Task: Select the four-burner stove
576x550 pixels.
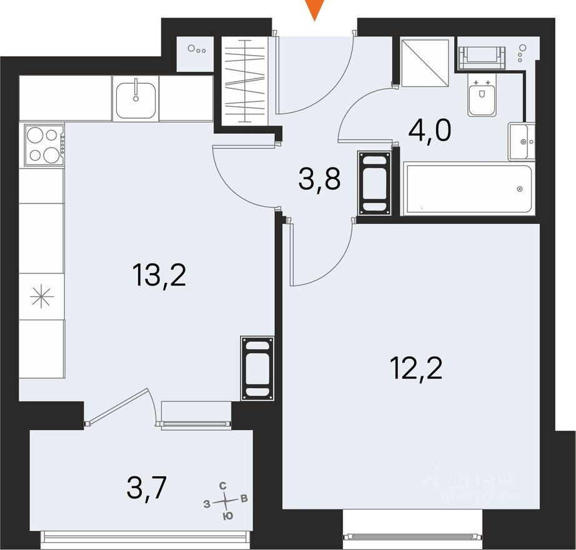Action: (x=44, y=145)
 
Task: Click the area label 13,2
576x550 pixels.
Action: (x=159, y=274)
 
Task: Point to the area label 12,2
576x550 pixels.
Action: (x=416, y=368)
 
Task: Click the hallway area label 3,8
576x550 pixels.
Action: (x=319, y=181)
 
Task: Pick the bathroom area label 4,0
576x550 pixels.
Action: (x=430, y=131)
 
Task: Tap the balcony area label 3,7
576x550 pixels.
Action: (x=148, y=487)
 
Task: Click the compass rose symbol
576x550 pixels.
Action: (x=226, y=501)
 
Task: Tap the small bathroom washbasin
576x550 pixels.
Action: (x=520, y=142)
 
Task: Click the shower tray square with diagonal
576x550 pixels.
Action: (x=425, y=63)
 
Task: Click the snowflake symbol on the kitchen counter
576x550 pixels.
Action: (x=42, y=297)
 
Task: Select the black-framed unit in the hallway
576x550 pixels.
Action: (x=375, y=183)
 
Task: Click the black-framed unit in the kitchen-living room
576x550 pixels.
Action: (x=257, y=368)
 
